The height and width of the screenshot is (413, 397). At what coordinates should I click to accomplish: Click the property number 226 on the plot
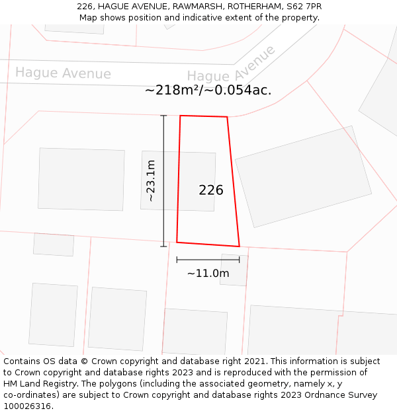(x=211, y=190)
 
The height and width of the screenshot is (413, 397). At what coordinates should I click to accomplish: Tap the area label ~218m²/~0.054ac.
(x=208, y=91)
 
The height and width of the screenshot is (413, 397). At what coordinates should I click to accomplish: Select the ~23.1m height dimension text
(x=151, y=180)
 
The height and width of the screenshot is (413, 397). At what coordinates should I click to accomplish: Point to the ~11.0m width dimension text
(x=208, y=274)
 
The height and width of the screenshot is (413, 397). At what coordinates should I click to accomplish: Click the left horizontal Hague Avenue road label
(x=63, y=73)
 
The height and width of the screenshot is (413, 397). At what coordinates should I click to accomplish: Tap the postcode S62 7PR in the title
(x=305, y=6)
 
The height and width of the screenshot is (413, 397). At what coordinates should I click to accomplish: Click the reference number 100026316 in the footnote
(x=26, y=406)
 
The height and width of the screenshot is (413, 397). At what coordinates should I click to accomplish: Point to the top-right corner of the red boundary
(x=227, y=117)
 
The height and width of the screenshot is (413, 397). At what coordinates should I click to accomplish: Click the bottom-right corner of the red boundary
(x=239, y=246)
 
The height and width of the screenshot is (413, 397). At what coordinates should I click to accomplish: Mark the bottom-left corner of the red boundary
(x=177, y=242)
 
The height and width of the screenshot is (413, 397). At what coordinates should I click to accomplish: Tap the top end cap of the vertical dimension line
(x=163, y=116)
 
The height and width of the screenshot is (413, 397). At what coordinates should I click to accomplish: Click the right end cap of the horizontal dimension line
(x=240, y=260)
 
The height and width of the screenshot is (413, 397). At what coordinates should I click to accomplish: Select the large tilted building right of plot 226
(x=303, y=176)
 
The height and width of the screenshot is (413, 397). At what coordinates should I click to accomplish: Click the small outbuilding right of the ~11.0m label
(x=234, y=270)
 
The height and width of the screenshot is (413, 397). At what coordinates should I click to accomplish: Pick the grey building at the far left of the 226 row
(x=81, y=179)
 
